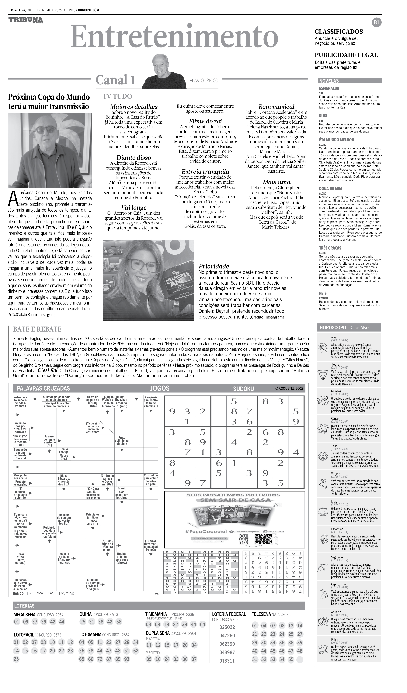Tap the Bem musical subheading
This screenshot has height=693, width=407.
[276, 107]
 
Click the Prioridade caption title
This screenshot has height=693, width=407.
[214, 266]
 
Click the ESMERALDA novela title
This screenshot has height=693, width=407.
[329, 89]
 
